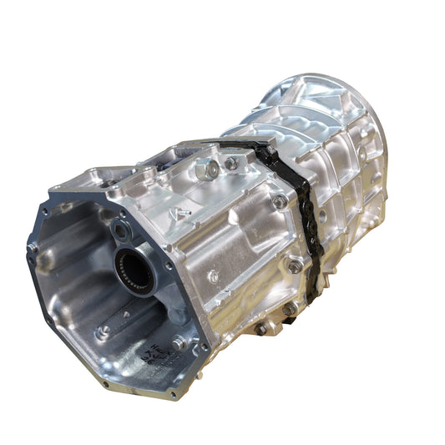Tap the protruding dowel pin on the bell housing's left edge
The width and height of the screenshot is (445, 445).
32,249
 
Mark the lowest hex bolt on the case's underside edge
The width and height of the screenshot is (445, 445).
261,330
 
